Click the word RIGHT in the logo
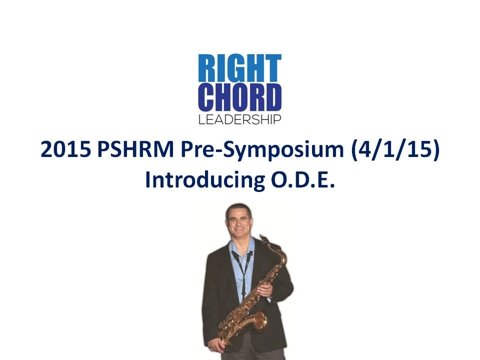pos(239,68)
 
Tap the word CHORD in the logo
pos(239,97)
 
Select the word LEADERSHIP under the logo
pos(239,119)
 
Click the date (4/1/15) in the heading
pos(395,150)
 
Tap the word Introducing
pos(205,180)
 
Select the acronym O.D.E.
pos(302,179)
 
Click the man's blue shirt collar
pos(242,245)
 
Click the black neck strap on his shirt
pos(242,269)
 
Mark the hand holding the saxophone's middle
pos(264,290)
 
